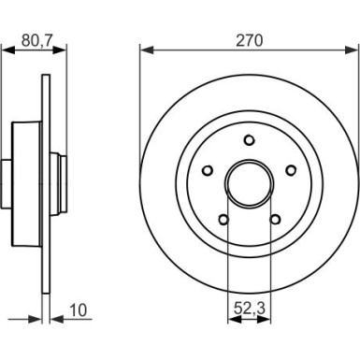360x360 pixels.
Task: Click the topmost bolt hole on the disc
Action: click(249, 140)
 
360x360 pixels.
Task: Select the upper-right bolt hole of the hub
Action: click(291, 170)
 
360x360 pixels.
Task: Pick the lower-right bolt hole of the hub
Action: click(275, 220)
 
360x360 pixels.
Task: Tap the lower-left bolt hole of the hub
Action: click(223, 220)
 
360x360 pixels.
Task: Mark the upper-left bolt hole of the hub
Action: click(208, 170)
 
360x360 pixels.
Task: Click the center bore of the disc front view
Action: click(249, 184)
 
